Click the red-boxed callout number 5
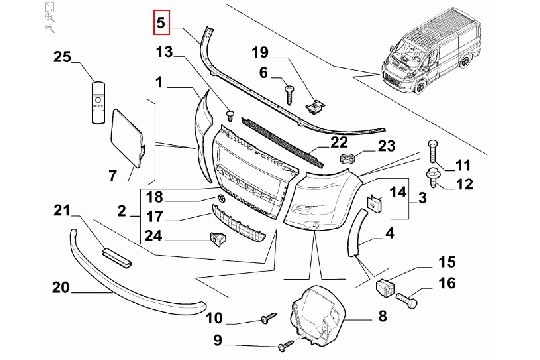coord(161,23)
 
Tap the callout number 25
coord(62,57)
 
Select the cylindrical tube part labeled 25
coord(98,103)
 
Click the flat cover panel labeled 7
coord(128,138)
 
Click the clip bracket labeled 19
coord(316,107)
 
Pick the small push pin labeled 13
coord(229,114)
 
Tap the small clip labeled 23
coord(347,158)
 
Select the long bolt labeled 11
coord(433,152)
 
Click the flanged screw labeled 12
coord(433,177)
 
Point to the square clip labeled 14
coord(374,203)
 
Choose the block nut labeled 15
coord(385,287)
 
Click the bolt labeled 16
coord(406,300)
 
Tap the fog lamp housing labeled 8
coord(318,315)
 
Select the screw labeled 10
coord(269,318)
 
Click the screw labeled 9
coord(285,346)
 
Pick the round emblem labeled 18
coord(221,198)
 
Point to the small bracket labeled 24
coord(217,238)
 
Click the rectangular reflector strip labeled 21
coord(116,257)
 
